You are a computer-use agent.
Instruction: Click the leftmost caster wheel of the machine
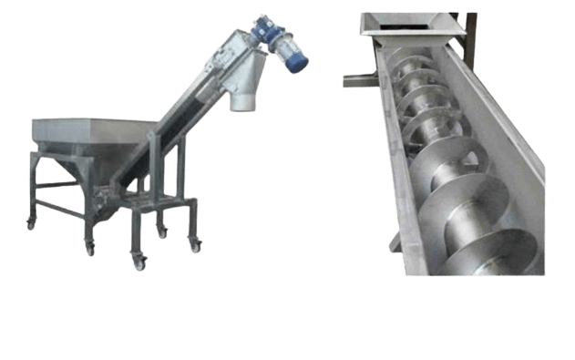pos(31,222)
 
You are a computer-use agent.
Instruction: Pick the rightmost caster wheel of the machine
pos(195,245)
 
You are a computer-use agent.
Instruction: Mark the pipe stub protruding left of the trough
pos(355,81)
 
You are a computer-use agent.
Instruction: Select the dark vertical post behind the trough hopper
pos(470,27)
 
